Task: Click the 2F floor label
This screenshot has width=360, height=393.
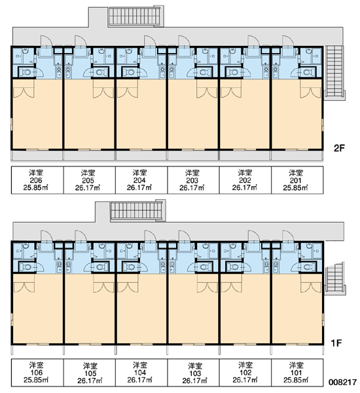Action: [339, 148]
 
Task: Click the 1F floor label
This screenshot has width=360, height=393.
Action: [336, 343]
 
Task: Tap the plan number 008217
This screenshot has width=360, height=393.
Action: [343, 383]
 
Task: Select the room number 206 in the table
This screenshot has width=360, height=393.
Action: [36, 180]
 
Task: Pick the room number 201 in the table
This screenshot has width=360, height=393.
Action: [296, 181]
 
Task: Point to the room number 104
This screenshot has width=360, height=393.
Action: [140, 373]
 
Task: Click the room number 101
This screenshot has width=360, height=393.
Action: [296, 373]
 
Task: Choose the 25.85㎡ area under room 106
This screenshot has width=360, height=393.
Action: [36, 380]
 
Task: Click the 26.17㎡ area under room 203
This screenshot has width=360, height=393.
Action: [192, 188]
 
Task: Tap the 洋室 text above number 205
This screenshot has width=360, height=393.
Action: [88, 173]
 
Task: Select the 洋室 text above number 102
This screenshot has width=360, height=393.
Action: [245, 365]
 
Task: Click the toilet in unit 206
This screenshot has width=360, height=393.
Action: [26, 73]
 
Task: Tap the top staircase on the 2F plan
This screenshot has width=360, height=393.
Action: [136, 16]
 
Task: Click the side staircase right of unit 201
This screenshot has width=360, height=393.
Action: [335, 73]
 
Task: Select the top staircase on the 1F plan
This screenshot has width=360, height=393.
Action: [138, 210]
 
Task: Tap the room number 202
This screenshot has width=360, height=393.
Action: [245, 181]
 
